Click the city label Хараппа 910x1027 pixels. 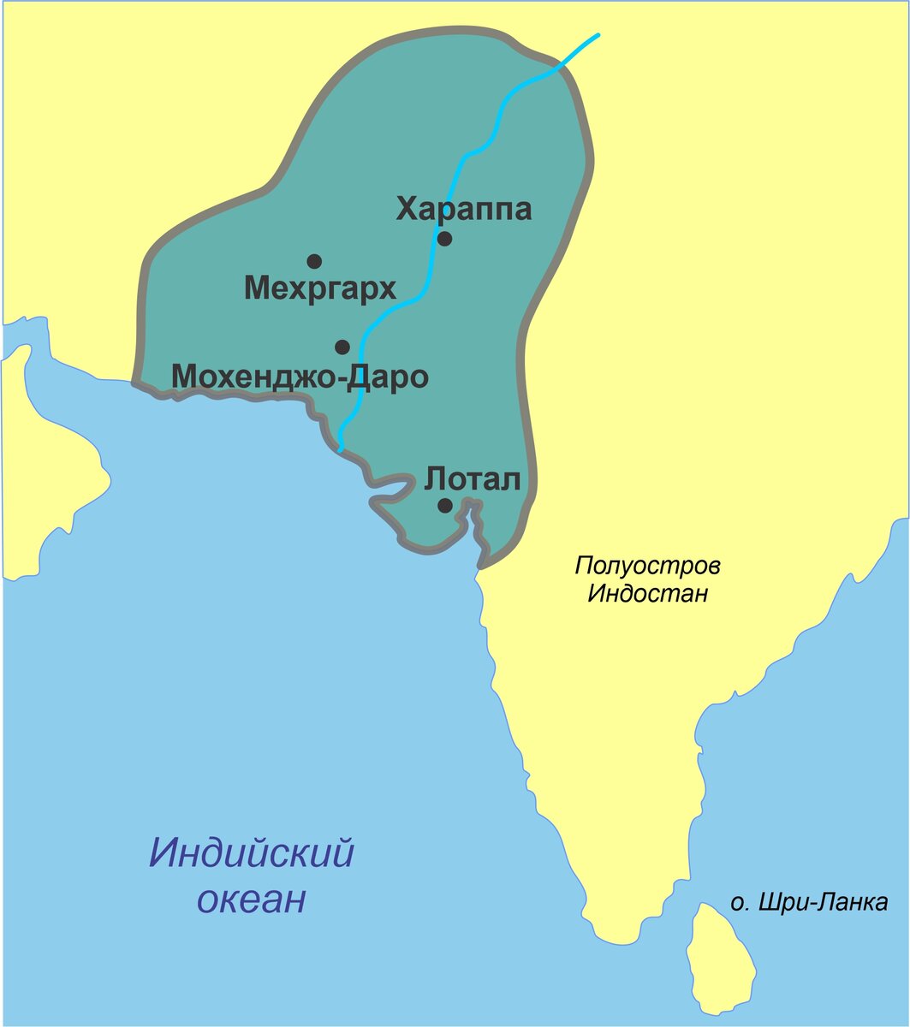[463, 209]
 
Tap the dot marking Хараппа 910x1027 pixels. [444, 238]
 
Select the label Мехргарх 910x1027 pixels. [320, 288]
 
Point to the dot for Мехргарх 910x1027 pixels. [314, 261]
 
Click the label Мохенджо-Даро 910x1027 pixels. [300, 376]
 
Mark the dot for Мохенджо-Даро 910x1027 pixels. [342, 347]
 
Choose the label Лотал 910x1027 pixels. [473, 479]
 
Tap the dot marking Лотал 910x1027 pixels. [445, 505]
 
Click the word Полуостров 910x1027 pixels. [648, 566]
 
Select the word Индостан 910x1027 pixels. [648, 593]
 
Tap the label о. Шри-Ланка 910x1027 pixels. [809, 902]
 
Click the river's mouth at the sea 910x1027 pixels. [340, 448]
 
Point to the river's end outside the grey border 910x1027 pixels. [597, 35]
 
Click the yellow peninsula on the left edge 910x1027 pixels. [51, 479]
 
